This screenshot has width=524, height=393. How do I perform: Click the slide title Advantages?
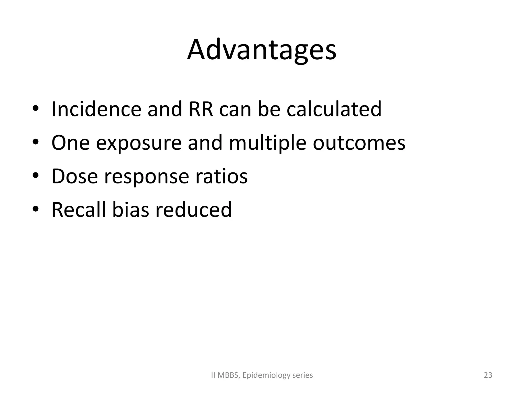(x=262, y=50)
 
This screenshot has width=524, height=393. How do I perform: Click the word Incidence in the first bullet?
(x=96, y=109)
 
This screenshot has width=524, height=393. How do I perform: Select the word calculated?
(x=334, y=109)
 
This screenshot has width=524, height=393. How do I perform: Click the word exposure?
(x=138, y=143)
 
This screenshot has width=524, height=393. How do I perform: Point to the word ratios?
(x=221, y=176)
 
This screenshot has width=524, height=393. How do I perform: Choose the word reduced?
(x=193, y=210)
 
